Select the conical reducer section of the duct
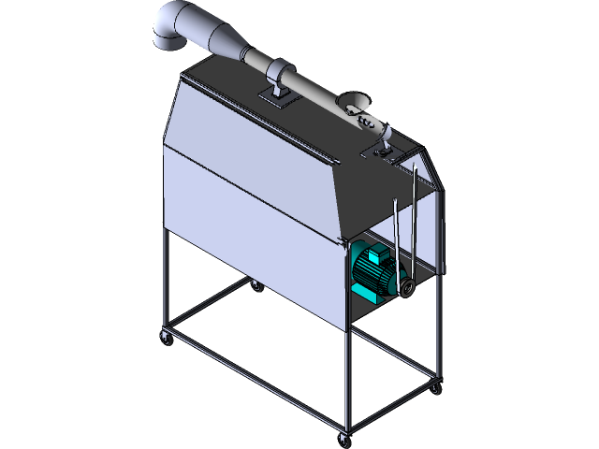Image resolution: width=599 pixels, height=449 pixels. [219, 43]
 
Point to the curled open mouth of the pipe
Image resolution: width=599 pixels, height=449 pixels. [357, 101]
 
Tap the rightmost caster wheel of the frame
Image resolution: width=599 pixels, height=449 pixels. [435, 386]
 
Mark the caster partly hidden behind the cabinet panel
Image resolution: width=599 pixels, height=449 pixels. [256, 287]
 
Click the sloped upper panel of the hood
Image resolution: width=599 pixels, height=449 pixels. [253, 168]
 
